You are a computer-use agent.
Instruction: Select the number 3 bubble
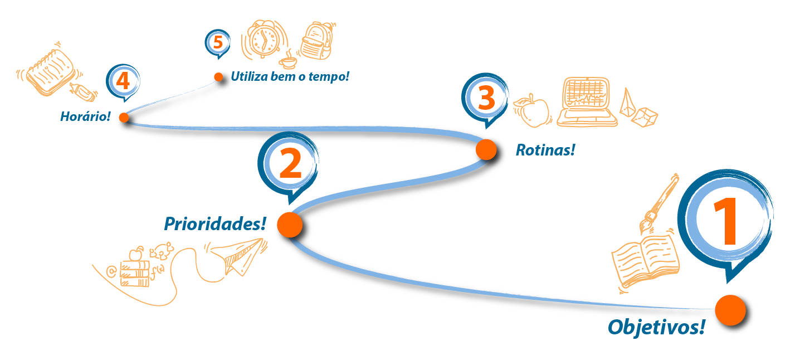click(x=486, y=98)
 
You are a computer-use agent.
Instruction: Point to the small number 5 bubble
click(x=218, y=42)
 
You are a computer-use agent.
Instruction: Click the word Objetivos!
click(x=656, y=327)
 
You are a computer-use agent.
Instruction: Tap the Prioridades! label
click(x=214, y=224)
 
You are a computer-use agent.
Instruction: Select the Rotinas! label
click(x=545, y=150)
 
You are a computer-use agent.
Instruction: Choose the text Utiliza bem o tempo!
click(x=290, y=76)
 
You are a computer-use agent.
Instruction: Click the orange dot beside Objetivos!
click(x=730, y=310)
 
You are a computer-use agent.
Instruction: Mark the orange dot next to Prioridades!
click(x=289, y=225)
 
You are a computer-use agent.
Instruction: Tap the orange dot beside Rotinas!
click(x=486, y=149)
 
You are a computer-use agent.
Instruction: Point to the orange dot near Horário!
click(x=124, y=117)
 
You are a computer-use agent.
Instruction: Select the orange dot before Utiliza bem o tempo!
click(x=218, y=77)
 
